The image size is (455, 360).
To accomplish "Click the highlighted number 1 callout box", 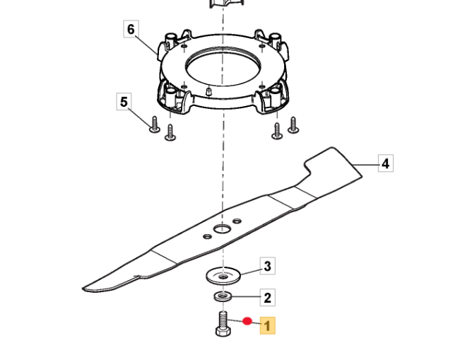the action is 267,325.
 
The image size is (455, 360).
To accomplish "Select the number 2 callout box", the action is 267,297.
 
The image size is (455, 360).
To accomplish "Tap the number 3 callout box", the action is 268,265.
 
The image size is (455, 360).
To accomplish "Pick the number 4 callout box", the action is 386,163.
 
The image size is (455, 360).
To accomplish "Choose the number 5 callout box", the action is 124,101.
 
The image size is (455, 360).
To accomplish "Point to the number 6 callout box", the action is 131,29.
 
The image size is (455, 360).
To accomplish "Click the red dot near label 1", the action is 247,321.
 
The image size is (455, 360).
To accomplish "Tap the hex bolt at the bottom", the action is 223,324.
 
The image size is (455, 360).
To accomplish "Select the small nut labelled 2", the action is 223,296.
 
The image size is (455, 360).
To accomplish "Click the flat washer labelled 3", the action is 223,276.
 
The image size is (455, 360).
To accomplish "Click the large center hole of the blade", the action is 223,229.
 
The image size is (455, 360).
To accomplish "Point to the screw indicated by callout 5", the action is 154,125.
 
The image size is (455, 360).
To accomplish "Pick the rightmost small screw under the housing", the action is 293,125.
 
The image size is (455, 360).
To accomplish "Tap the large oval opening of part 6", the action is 223,67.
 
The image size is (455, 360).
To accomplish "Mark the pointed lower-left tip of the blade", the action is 84,289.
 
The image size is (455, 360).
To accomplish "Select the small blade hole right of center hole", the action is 237,221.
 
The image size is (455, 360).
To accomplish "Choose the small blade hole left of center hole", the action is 207,236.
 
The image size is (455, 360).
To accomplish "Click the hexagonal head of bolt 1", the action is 223,332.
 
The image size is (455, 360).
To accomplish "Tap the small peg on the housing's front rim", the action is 208,91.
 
